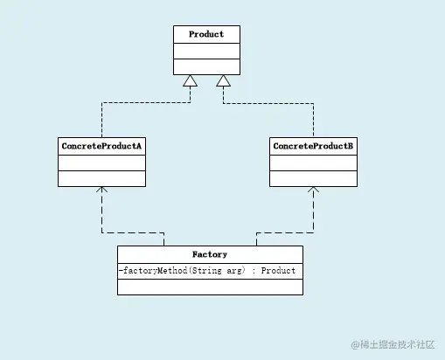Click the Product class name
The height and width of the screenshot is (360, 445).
pos(206,34)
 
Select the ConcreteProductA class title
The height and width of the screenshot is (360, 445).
pos(101,145)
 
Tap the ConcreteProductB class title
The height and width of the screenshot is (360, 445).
pos(313,145)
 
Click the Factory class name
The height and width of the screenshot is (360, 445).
pos(210,254)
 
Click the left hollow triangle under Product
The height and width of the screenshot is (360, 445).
pos(190,81)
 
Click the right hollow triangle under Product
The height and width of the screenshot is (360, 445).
pos(224,81)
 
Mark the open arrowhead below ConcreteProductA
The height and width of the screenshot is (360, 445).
pos(101,190)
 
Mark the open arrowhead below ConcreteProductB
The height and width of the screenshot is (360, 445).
pos(313,190)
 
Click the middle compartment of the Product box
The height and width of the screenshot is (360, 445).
pos(206,51)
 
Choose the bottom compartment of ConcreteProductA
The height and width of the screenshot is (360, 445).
pos(101,178)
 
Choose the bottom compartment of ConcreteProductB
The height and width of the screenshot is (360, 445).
pos(313,178)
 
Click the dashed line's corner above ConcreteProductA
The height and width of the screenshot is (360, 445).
pos(101,102)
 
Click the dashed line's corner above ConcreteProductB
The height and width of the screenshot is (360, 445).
pos(313,102)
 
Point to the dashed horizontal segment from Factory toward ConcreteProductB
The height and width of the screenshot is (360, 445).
pos(284,233)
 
